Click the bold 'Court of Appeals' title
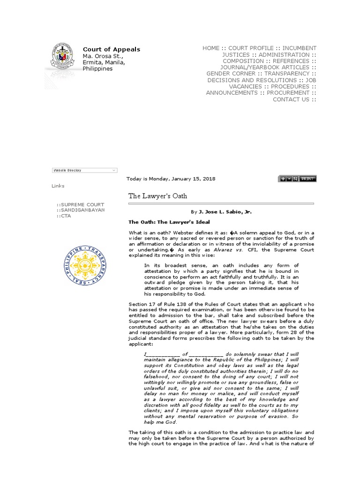(x=111, y=49)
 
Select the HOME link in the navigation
(x=210, y=48)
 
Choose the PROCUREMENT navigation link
(x=288, y=93)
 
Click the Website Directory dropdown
(x=84, y=170)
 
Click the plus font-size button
(x=283, y=179)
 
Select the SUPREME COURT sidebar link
(x=81, y=205)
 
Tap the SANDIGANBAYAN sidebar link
(x=81, y=210)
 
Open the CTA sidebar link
(x=64, y=216)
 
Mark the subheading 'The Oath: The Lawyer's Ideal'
(x=169, y=222)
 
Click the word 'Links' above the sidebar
(x=58, y=186)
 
